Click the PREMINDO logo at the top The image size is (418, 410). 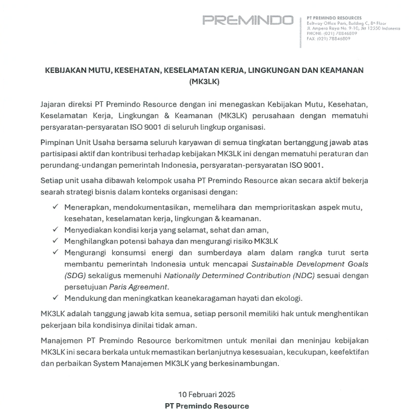[x=248, y=21]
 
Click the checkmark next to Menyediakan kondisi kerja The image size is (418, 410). [x=55, y=230]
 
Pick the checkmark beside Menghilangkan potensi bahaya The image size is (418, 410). [x=55, y=241]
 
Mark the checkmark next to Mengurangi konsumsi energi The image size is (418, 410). [x=55, y=253]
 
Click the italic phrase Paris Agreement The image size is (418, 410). [x=138, y=287]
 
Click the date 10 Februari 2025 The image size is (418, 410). [x=207, y=395]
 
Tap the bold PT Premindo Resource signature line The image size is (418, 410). [x=207, y=406]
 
